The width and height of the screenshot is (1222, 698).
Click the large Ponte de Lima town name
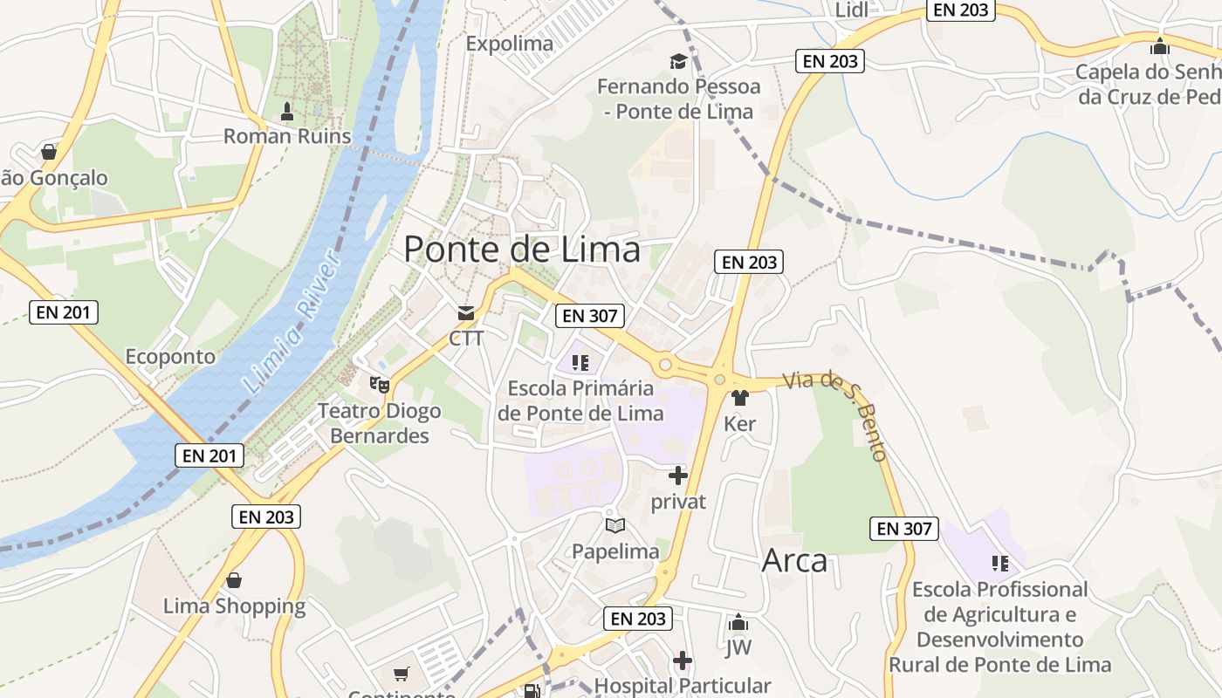click(522, 250)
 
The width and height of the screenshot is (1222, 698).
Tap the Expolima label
click(510, 44)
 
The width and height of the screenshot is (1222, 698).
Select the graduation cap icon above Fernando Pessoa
click(678, 61)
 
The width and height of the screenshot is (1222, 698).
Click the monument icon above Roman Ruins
click(287, 112)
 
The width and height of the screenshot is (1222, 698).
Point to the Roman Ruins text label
click(287, 136)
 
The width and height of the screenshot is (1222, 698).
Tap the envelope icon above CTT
click(466, 313)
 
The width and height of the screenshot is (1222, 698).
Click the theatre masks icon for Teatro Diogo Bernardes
click(379, 383)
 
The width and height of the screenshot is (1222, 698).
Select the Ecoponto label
click(170, 357)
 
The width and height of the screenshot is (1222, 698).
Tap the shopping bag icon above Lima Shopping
click(234, 580)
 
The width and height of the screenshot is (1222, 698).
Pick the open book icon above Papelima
click(615, 525)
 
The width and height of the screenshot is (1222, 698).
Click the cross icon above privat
click(678, 476)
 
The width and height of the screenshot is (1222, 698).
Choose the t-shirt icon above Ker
click(740, 398)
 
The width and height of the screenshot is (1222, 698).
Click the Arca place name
click(794, 560)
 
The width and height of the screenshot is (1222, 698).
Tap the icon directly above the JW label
click(738, 623)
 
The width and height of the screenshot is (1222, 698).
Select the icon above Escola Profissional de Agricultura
click(1000, 564)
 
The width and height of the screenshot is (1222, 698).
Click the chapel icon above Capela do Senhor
click(1160, 46)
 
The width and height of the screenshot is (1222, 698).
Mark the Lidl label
click(853, 10)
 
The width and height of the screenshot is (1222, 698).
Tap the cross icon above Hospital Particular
click(683, 660)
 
